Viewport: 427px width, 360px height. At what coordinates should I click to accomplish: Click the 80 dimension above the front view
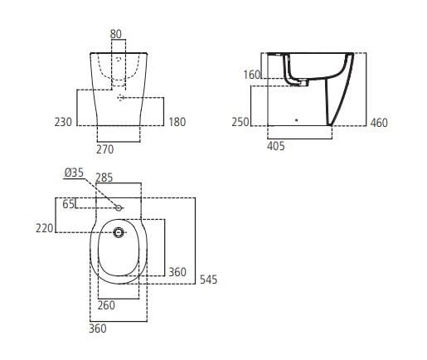(x=115, y=34)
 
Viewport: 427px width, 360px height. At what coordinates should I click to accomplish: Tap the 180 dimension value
(x=177, y=122)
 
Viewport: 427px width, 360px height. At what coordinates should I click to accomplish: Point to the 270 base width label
(x=104, y=150)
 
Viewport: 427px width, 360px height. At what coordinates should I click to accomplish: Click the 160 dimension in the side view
(x=252, y=75)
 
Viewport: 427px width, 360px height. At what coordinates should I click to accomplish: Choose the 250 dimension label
(x=241, y=123)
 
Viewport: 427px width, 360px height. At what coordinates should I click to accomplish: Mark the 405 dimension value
(x=276, y=146)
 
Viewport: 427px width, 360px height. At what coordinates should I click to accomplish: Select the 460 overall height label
(x=378, y=123)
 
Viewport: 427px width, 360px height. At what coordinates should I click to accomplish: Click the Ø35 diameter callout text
(x=74, y=173)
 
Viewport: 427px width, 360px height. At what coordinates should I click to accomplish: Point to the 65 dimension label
(x=68, y=202)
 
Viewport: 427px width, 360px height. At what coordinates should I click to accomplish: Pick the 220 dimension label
(x=45, y=228)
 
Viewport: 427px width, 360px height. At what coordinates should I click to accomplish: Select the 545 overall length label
(x=208, y=280)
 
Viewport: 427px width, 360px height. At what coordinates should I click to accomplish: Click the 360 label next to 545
(x=177, y=271)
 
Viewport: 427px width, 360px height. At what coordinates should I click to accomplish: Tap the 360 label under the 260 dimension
(x=99, y=329)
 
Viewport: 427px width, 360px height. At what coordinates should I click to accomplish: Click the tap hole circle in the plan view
(x=119, y=207)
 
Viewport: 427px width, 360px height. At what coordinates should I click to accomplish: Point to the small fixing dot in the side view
(x=296, y=119)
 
